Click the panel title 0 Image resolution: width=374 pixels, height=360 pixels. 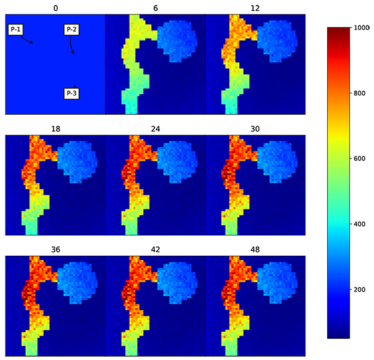55,8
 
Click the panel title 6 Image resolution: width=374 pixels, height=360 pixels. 155,8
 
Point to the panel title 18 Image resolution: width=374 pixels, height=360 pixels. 55,129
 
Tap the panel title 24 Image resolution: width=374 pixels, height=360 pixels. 155,129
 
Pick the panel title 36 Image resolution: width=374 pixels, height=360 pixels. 55,249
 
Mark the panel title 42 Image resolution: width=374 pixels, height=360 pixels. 155,249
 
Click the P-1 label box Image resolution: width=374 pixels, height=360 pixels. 17,30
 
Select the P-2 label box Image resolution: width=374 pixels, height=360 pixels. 71,30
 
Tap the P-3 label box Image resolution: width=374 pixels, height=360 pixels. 71,93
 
